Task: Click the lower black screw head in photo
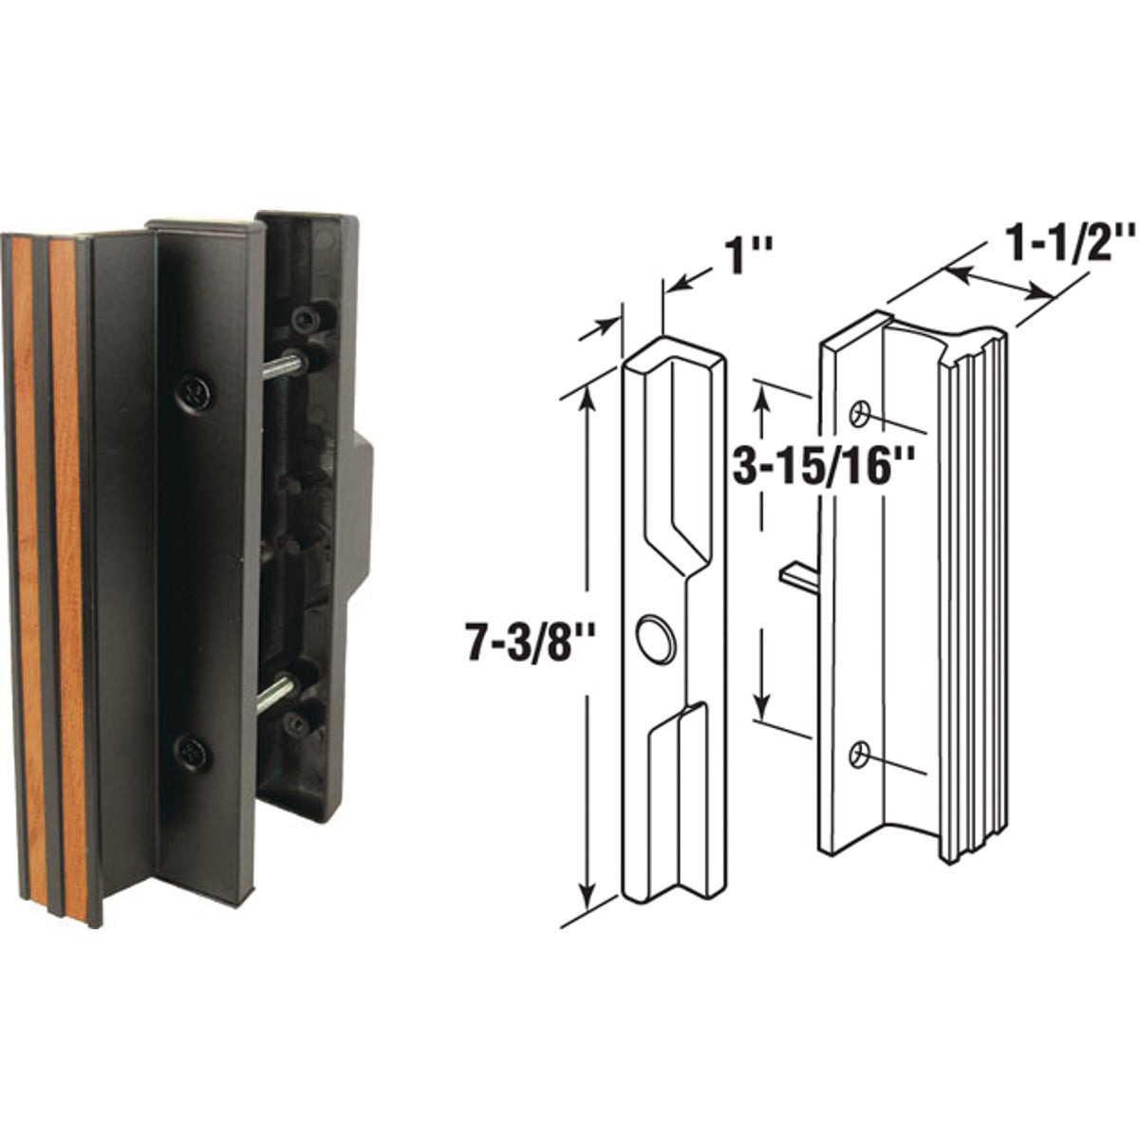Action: click(x=193, y=753)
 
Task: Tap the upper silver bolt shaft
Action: click(x=282, y=366)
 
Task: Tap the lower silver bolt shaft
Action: click(x=276, y=693)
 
